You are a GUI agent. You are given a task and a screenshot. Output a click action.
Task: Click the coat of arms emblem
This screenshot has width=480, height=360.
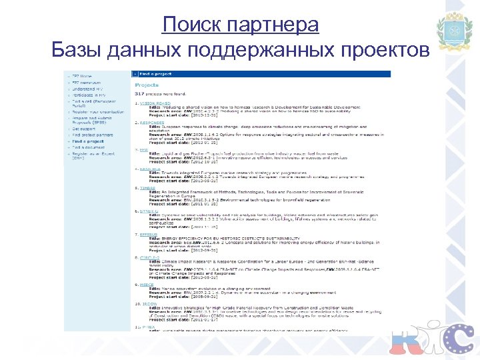coord(455,31)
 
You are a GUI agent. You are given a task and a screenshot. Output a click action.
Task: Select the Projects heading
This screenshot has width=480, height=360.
coord(147,85)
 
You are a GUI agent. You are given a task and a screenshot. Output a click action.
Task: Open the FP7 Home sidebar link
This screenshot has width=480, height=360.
coord(81,76)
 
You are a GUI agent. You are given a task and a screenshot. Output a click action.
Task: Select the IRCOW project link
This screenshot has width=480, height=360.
coord(148,304)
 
